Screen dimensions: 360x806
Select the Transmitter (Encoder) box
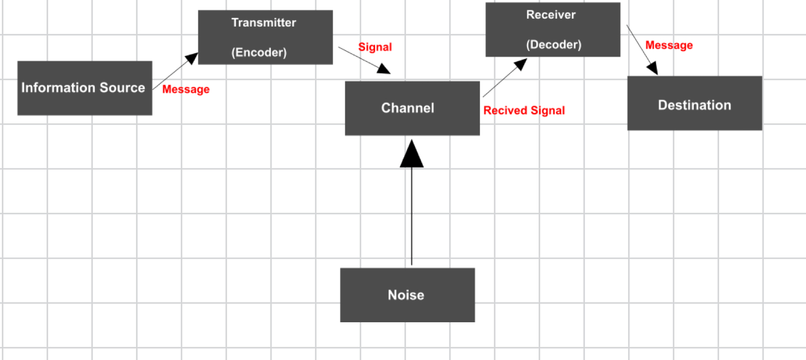point(265,37)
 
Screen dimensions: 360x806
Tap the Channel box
point(412,108)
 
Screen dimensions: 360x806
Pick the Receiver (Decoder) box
point(553,30)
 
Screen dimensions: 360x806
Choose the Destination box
point(694,103)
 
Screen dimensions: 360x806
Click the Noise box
point(407,295)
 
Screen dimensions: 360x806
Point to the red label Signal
point(375,47)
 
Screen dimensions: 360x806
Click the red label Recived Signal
point(524,111)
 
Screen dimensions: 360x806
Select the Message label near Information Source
point(186,89)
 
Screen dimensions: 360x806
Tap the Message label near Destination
point(669,45)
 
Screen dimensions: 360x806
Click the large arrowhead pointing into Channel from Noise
point(411,154)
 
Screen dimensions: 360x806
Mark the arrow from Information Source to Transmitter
point(175,71)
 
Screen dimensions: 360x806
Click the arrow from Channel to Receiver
point(504,78)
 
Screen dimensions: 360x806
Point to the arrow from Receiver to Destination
point(642,49)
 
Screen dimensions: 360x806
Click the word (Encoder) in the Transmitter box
point(259,53)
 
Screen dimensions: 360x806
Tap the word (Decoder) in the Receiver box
point(553,45)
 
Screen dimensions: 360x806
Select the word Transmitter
point(263,22)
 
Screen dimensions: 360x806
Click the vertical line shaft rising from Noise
point(411,218)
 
